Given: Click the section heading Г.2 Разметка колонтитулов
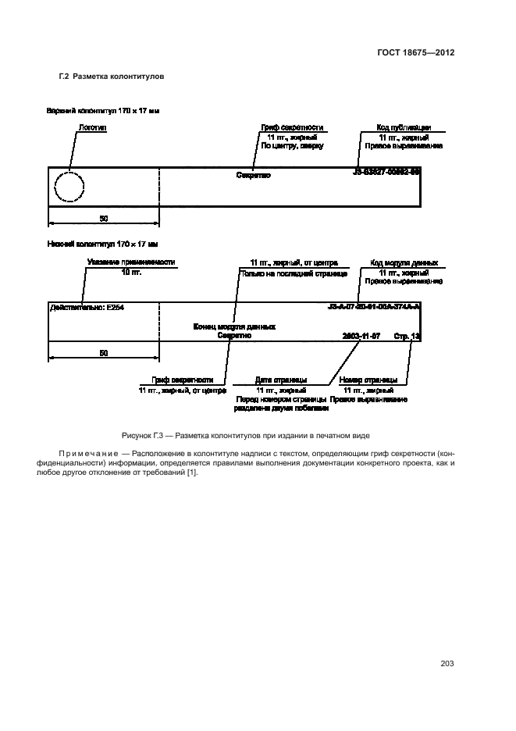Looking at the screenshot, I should pyautogui.click(x=112, y=77).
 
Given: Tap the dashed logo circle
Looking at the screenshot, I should pyautogui.click(x=69, y=188).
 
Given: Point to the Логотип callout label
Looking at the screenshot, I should pyautogui.click(x=92, y=127).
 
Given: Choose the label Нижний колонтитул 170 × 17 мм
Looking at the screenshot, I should pyautogui.click(x=101, y=245).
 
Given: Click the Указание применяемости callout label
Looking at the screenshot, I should pyautogui.click(x=130, y=262).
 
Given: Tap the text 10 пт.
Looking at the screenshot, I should pyautogui.click(x=130, y=272).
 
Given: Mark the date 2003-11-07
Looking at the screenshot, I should pyautogui.click(x=361, y=335).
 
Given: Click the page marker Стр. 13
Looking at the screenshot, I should pyautogui.click(x=407, y=335).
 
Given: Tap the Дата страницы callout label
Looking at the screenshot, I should pyautogui.click(x=280, y=380).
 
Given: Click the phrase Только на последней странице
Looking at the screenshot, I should pyautogui.click(x=280, y=273).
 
